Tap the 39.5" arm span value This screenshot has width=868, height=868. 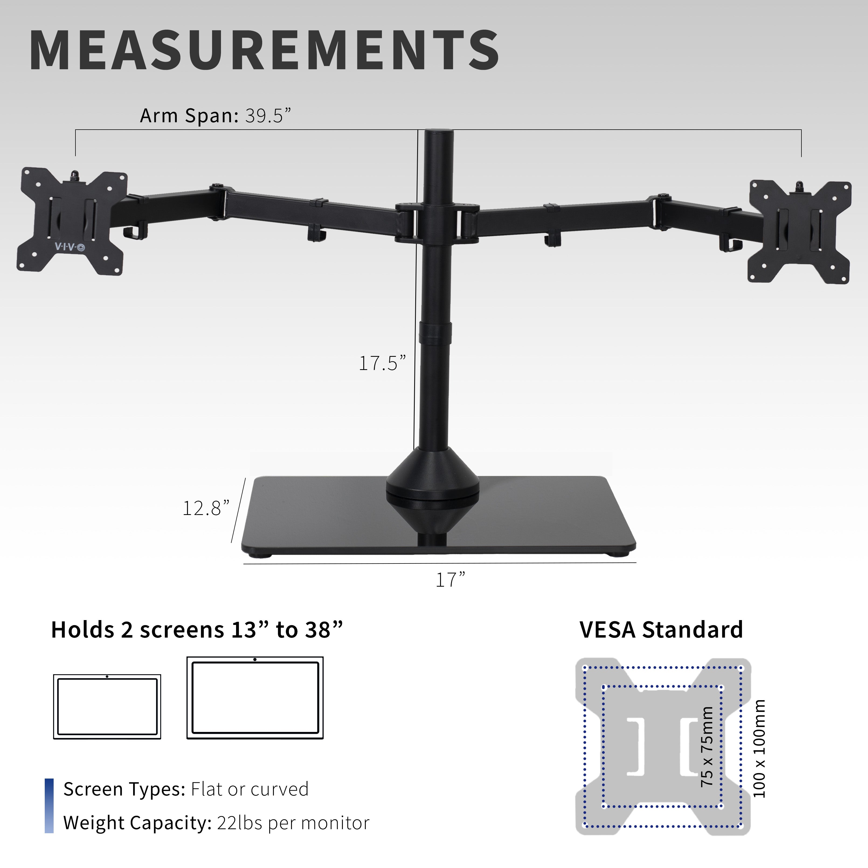click(x=268, y=116)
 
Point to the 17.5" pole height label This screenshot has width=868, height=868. click(x=382, y=363)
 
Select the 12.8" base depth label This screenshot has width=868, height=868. click(x=206, y=508)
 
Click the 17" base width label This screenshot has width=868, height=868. click(x=450, y=580)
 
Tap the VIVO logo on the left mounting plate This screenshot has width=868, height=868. click(x=70, y=247)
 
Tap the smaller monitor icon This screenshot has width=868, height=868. click(x=107, y=706)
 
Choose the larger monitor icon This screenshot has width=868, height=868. click(x=255, y=698)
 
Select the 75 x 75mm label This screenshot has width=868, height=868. click(x=707, y=746)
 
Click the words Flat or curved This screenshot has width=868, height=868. click(x=250, y=789)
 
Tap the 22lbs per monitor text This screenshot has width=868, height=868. click(x=293, y=823)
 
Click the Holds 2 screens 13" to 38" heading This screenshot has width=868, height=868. click(x=197, y=630)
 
